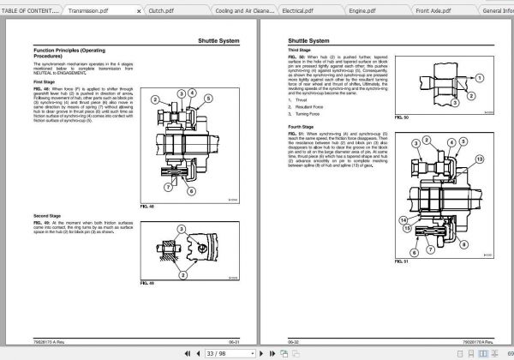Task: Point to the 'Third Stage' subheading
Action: tap(299, 51)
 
